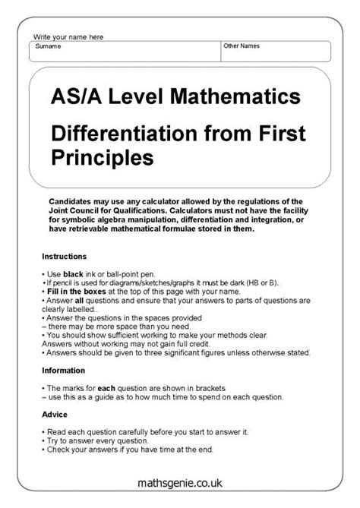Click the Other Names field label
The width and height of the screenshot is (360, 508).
[x=242, y=46]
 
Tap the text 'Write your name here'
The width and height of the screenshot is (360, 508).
[x=68, y=36]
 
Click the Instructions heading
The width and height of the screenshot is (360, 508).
[x=65, y=256]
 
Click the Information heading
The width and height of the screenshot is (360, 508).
[x=64, y=369]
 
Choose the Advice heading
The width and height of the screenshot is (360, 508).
[x=54, y=415]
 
